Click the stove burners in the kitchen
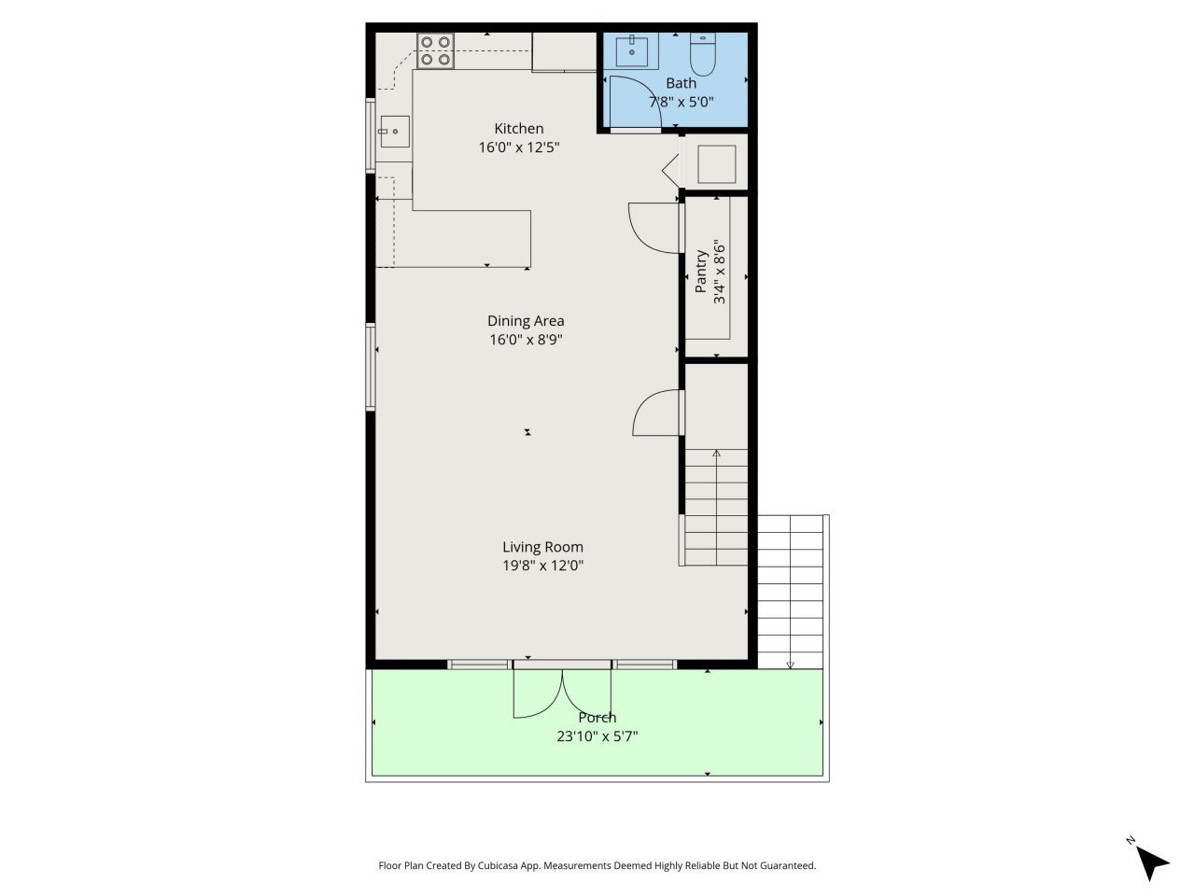[435, 50]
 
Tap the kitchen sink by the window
[394, 133]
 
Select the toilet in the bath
[701, 55]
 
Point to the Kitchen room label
[518, 129]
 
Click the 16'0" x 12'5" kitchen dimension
[518, 147]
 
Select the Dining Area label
[526, 321]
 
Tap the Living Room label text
[542, 548]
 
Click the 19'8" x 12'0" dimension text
[542, 566]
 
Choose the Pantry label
[701, 272]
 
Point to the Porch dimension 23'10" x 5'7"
[597, 736]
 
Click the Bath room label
[681, 83]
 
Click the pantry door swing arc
[652, 228]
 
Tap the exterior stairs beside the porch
[791, 590]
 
